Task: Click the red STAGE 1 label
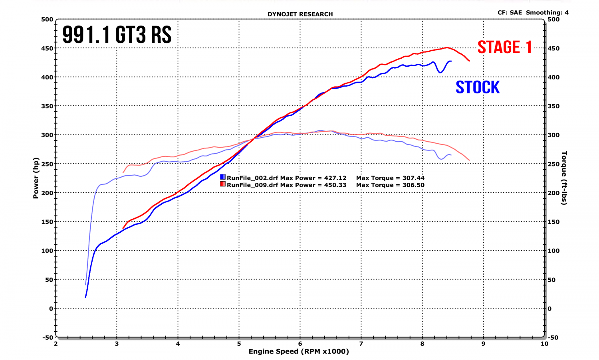pos(505,47)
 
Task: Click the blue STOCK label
pos(478,87)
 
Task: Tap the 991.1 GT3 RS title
pos(117,35)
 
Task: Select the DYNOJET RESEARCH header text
pos(300,14)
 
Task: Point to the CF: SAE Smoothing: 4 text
pos(533,12)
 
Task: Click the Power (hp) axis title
pos(36,178)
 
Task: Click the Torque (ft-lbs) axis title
pos(564,178)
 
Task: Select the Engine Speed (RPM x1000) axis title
pos(299,351)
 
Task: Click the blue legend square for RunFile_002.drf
pos(223,177)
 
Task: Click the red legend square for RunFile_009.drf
pos(223,184)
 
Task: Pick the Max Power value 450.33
pos(335,185)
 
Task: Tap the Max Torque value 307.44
pos(413,178)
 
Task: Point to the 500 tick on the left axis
pos(47,19)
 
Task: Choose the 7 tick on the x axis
pos(361,344)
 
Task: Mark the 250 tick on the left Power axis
pos(47,164)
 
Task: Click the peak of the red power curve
pos(446,48)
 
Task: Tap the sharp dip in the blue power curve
pos(440,72)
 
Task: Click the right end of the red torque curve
pos(469,160)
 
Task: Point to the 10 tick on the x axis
pos(544,344)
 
